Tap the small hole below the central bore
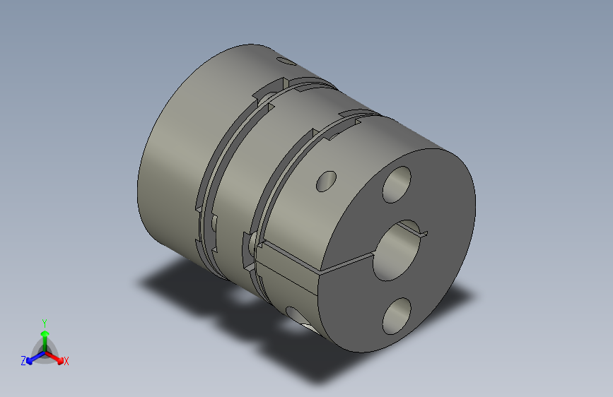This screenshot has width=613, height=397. point(397,316)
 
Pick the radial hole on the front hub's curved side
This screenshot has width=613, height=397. point(327,182)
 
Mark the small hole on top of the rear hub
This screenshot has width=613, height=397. point(286,62)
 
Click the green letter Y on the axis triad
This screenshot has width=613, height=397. point(44,321)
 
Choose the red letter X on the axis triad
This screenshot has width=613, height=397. point(66,362)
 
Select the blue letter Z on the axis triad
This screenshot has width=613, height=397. point(23,361)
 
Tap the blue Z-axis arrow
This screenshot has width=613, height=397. point(32,357)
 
